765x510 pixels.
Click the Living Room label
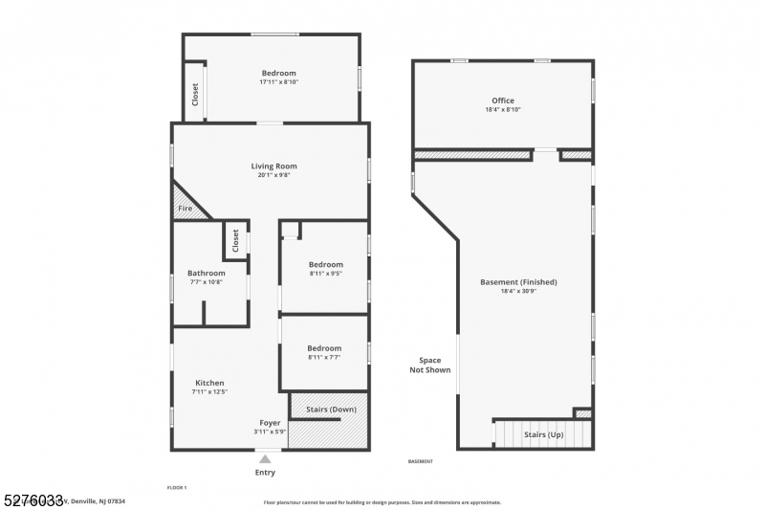pyautogui.click(x=273, y=166)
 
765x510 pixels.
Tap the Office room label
pyautogui.click(x=502, y=100)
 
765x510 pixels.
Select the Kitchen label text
pyautogui.click(x=209, y=383)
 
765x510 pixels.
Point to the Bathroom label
pyautogui.click(x=206, y=273)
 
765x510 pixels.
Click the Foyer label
pyautogui.click(x=270, y=423)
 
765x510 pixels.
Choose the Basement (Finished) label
pyautogui.click(x=518, y=282)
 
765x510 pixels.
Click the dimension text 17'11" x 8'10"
pyautogui.click(x=278, y=82)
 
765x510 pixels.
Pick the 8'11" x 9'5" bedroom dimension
pyautogui.click(x=325, y=274)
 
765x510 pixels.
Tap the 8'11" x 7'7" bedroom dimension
pyautogui.click(x=324, y=358)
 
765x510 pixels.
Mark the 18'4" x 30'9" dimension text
pyautogui.click(x=518, y=292)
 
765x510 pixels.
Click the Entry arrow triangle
pyautogui.click(x=265, y=459)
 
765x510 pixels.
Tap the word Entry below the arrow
pyautogui.click(x=265, y=473)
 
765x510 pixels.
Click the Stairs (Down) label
pyautogui.click(x=331, y=410)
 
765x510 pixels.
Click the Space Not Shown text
pyautogui.click(x=429, y=366)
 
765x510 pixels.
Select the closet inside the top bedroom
pyautogui.click(x=195, y=94)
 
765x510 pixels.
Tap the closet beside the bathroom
pyautogui.click(x=234, y=241)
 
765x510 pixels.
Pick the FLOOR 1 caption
pyautogui.click(x=177, y=488)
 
